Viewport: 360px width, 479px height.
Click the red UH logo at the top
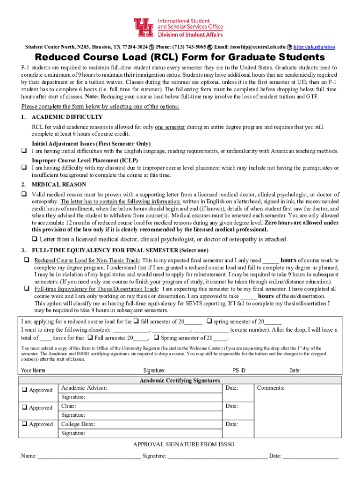pos(144,28)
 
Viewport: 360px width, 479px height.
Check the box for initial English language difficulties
pos(22,151)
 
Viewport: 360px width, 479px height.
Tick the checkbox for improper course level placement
pos(22,167)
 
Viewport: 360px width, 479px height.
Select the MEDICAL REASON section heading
pos(58,184)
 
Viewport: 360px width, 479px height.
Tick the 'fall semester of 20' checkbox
pos(136,321)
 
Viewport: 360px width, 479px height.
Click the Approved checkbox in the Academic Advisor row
pos(23,390)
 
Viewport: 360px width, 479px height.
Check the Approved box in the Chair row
pos(23,407)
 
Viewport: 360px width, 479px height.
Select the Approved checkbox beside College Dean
pos(23,424)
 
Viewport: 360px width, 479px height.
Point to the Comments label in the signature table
pos(271,388)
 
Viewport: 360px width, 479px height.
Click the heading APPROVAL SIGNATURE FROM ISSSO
pos(184,444)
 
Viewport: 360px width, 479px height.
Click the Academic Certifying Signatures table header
pos(180,380)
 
